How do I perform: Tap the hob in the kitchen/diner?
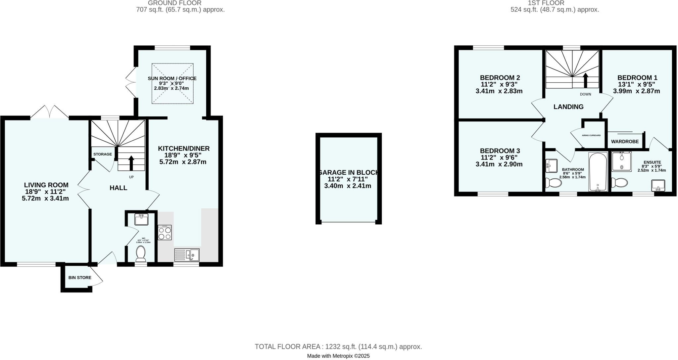(x=165, y=232)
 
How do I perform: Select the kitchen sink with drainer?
(x=187, y=255)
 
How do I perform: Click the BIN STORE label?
(x=80, y=278)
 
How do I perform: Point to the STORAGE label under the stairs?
(x=102, y=154)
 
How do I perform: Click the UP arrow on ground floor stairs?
(x=131, y=162)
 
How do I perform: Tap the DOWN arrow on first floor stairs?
(x=585, y=80)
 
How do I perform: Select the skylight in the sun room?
(x=172, y=83)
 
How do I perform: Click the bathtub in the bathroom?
(x=598, y=172)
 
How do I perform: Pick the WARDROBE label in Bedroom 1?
(x=625, y=142)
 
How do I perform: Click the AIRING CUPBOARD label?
(x=591, y=135)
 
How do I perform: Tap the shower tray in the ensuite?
(x=622, y=161)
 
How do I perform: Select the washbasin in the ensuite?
(x=658, y=185)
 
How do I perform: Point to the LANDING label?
(x=568, y=107)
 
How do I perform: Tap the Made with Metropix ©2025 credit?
(x=338, y=356)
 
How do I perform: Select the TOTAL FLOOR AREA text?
(x=338, y=347)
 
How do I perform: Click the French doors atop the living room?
(x=50, y=112)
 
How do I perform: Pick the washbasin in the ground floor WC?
(x=141, y=219)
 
